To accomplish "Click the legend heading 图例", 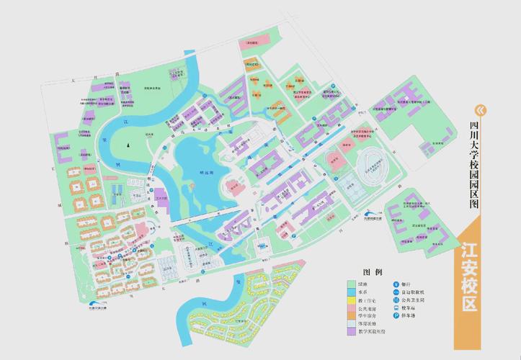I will click(373, 272).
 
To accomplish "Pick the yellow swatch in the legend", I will click(351, 303).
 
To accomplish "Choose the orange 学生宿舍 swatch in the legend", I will click(351, 322).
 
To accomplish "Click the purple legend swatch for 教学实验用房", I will click(351, 341).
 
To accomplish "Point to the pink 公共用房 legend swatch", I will click(351, 312).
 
